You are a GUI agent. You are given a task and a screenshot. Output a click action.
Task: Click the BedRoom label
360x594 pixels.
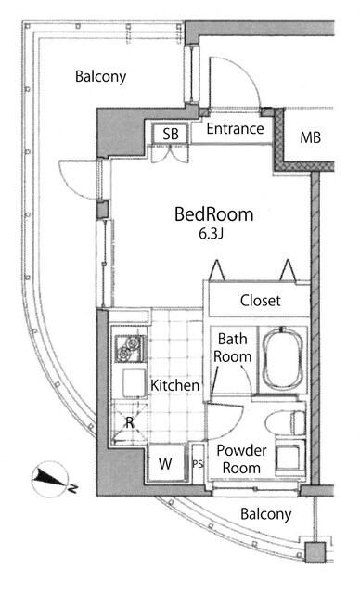tap(214, 214)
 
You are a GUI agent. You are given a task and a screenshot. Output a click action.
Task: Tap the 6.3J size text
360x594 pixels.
tap(212, 234)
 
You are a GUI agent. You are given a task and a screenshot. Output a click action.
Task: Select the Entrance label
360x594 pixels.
tap(235, 129)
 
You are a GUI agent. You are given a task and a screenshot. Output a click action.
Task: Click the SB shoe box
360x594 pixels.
tap(171, 134)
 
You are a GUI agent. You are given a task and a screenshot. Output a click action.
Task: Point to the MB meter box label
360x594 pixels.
tap(311, 137)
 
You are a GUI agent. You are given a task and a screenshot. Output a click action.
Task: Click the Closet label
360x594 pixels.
tap(261, 301)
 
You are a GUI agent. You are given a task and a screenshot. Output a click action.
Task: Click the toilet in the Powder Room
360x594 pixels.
tap(286, 423)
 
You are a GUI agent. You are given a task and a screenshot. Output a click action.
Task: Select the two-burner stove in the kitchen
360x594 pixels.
tap(129, 349)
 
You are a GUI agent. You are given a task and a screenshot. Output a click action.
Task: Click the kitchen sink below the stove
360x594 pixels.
tap(135, 382)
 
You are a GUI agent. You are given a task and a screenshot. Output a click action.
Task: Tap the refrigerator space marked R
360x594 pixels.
tap(130, 422)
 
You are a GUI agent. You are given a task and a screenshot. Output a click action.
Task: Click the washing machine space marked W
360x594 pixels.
tap(165, 463)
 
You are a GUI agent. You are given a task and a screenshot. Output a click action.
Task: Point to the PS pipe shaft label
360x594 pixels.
tap(198, 464)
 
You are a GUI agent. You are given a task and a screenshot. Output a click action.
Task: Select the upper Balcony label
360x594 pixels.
tap(101, 76)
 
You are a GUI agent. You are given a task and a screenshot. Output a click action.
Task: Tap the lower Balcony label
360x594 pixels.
tap(266, 514)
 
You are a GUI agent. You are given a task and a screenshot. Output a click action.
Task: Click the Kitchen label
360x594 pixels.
tap(174, 385)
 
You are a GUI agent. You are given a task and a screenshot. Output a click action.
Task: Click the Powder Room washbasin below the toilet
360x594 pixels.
tap(290, 457)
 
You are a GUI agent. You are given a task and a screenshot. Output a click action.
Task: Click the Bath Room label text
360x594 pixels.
tap(233, 348)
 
